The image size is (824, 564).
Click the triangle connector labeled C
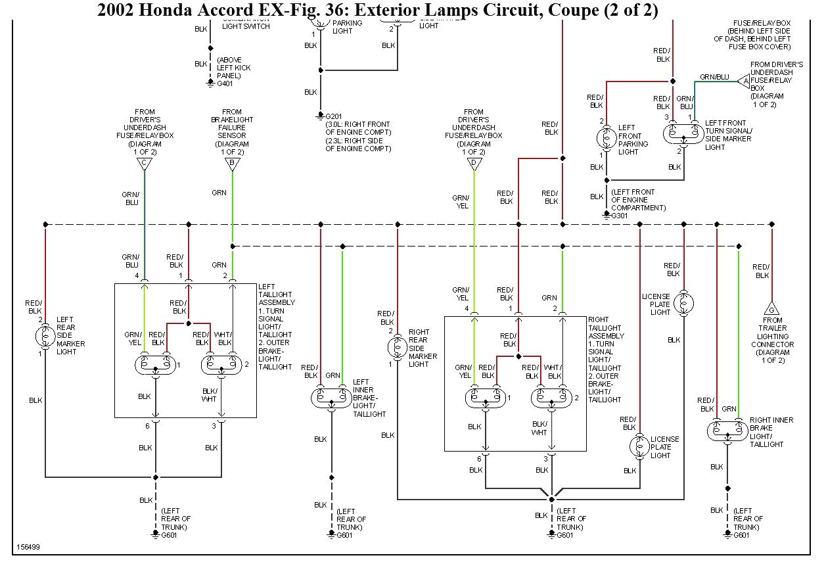(144, 164)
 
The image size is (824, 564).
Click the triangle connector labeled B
(232, 164)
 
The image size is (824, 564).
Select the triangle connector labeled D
(474, 164)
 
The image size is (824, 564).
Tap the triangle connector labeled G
(772, 309)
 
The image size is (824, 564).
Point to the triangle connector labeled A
(743, 81)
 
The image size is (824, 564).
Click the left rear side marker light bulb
(45, 337)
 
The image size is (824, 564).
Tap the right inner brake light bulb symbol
(727, 431)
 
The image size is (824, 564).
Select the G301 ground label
(620, 215)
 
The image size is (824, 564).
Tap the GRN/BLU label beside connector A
(714, 77)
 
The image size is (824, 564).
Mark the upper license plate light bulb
(684, 302)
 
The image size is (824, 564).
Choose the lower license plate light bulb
(639, 446)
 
